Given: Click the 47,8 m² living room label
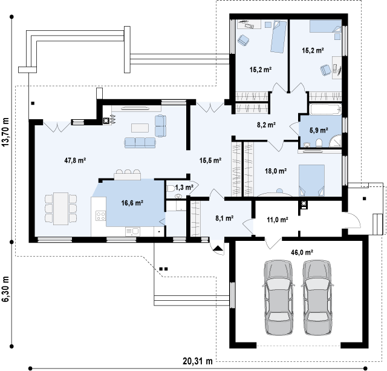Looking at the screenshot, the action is (75, 160).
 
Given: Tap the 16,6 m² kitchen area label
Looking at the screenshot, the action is (132, 203).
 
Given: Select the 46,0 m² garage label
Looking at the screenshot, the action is (302, 252).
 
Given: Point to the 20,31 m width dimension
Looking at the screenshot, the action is (198, 361).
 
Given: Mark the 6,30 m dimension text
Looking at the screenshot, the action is (5, 289).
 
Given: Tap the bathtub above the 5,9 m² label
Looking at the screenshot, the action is (325, 109).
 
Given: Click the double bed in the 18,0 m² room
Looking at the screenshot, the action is (311, 180).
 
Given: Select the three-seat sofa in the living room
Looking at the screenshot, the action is (140, 143).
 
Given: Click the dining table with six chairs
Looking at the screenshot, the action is (60, 209).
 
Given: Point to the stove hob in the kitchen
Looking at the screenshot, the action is (101, 216).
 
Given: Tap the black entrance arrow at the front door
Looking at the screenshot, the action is (218, 248).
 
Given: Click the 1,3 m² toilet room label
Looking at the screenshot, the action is (184, 188).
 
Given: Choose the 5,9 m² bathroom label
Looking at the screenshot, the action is (319, 130).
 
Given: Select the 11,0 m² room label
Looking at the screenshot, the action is (278, 219).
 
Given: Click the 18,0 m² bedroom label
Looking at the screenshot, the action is (276, 171).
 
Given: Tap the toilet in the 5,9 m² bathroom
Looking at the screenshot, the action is (319, 143).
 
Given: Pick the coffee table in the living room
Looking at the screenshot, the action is (140, 128).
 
